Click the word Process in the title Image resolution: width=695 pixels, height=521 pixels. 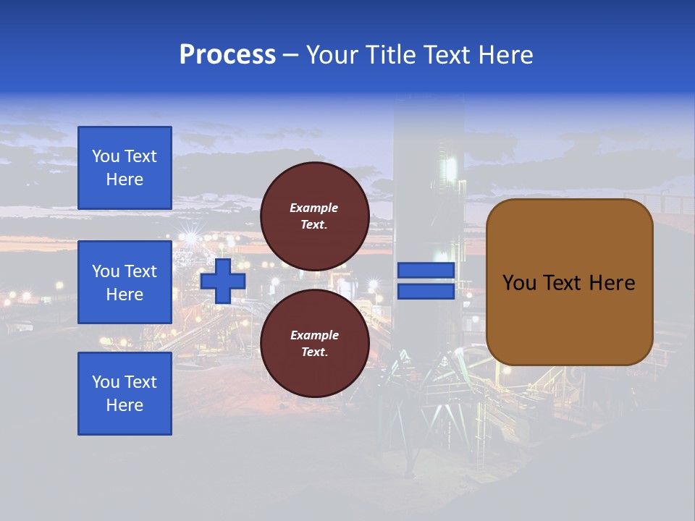tap(227, 55)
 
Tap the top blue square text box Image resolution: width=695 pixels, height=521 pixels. tap(125, 168)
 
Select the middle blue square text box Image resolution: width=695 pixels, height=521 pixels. tap(125, 282)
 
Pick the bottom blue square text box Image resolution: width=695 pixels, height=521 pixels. tap(125, 394)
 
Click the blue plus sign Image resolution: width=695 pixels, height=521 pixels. tap(223, 281)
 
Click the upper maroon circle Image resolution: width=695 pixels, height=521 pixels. tap(315, 216)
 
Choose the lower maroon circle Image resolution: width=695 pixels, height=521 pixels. tap(315, 344)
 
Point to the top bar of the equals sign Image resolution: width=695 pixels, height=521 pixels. tap(426, 271)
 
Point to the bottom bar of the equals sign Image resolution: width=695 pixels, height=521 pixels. tap(426, 291)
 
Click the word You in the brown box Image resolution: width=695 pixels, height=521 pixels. tap(518, 283)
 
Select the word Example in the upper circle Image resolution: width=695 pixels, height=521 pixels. tap(313, 208)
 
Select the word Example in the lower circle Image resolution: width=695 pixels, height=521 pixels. tap(313, 335)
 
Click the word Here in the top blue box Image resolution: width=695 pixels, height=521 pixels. tap(125, 179)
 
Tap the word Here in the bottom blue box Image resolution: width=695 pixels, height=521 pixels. tap(125, 405)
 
